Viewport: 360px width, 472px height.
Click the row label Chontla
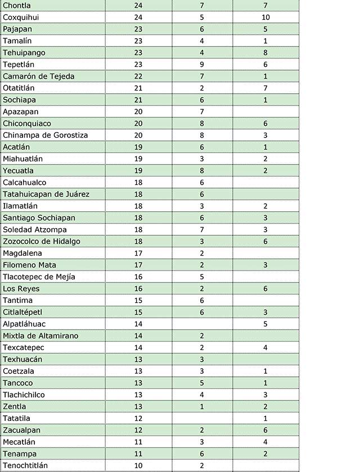click(17, 6)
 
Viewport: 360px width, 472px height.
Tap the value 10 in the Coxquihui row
click(265, 17)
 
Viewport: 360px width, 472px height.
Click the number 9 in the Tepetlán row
click(201, 65)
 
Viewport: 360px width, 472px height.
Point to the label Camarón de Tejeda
click(39, 76)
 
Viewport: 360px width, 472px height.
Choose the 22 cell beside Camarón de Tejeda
click(138, 76)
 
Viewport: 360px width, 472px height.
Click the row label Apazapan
click(21, 112)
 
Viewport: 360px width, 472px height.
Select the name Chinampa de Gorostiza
click(46, 135)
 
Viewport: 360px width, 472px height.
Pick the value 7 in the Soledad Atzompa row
click(201, 230)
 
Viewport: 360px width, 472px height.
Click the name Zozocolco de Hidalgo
click(42, 242)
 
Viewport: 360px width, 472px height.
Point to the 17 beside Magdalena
click(138, 253)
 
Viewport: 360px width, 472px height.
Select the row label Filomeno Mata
click(29, 265)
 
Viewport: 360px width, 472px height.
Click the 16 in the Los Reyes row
click(138, 289)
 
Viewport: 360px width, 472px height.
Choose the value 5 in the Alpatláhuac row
click(265, 324)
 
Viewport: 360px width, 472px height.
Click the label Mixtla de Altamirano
click(40, 336)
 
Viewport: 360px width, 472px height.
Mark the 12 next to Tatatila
click(138, 419)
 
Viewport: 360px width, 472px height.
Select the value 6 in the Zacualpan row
click(265, 430)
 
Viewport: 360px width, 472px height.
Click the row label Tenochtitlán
click(25, 466)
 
